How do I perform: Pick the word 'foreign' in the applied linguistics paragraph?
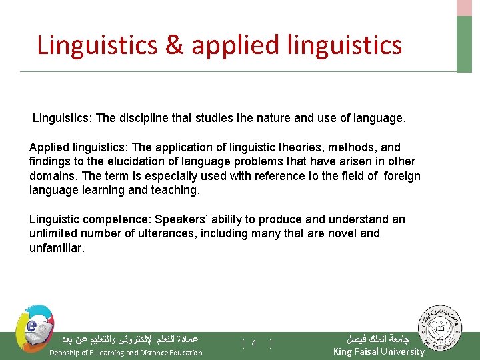400,176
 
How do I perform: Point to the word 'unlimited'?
52,233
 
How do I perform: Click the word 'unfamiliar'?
57,247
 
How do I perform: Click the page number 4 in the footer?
254,343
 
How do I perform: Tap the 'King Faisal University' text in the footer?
378,351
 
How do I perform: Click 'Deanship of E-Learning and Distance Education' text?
126,353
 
